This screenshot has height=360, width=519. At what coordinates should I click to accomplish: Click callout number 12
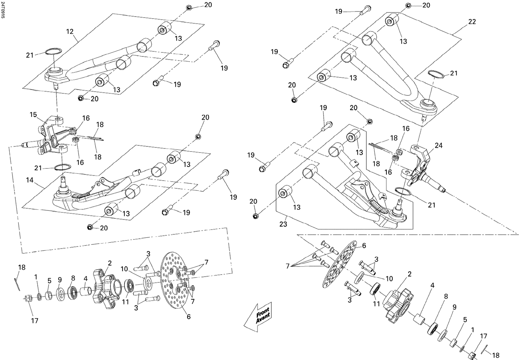click(x=70, y=31)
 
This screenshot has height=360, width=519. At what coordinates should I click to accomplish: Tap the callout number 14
click(x=30, y=180)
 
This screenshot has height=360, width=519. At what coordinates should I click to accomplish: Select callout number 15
click(x=33, y=115)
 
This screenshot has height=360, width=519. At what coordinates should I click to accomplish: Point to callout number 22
click(x=472, y=21)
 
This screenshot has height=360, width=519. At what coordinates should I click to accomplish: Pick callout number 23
click(x=283, y=224)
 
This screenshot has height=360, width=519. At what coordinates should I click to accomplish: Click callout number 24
click(x=438, y=145)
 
